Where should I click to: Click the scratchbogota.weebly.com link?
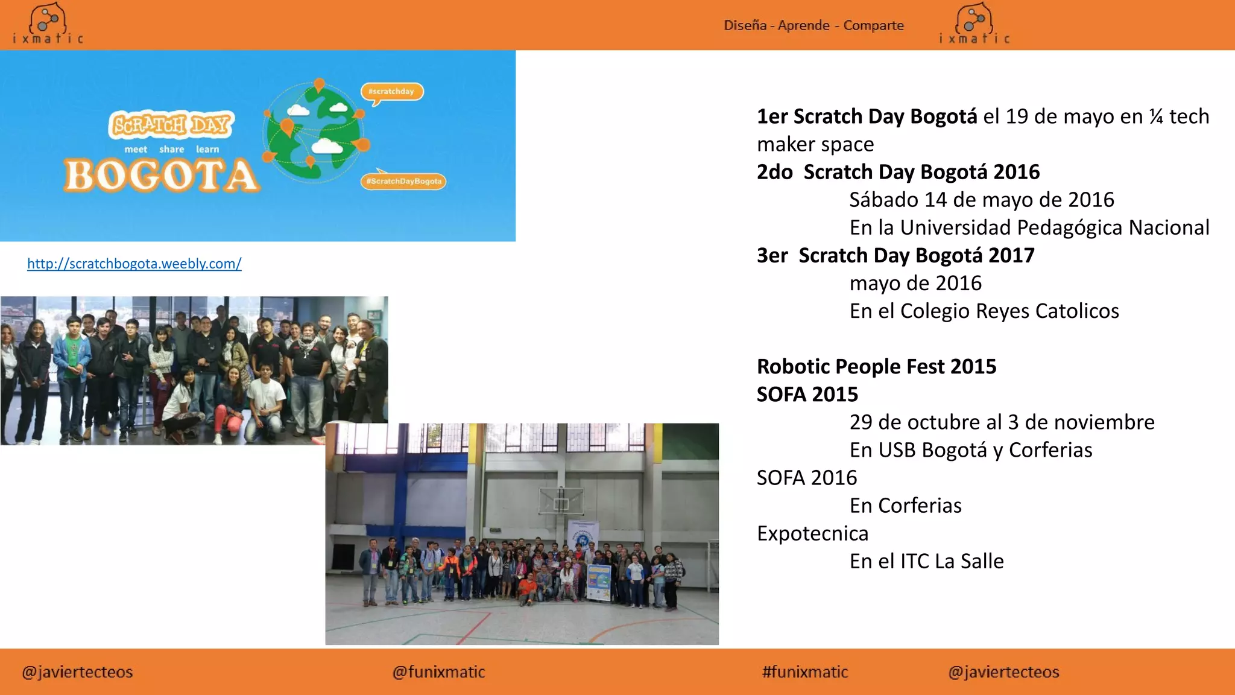click(x=134, y=264)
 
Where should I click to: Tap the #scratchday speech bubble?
click(x=392, y=92)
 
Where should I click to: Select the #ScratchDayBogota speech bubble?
click(x=403, y=181)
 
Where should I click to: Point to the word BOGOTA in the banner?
click(x=162, y=176)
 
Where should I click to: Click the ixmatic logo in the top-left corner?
click(x=48, y=24)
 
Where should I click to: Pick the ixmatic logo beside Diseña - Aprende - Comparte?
click(x=974, y=24)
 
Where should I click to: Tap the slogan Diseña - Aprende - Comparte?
click(x=813, y=25)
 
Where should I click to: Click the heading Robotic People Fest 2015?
click(x=876, y=366)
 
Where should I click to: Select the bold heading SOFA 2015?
click(x=807, y=394)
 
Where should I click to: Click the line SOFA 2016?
click(x=806, y=478)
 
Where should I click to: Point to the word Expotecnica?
click(x=812, y=533)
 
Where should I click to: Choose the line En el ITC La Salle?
click(x=926, y=561)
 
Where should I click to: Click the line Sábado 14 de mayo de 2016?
click(x=981, y=200)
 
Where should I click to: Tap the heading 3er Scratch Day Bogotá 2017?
click(x=895, y=255)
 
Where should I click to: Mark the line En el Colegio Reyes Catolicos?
click(x=984, y=311)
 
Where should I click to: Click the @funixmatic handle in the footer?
click(x=438, y=672)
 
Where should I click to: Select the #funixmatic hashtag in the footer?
click(x=805, y=672)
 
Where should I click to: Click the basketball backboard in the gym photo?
click(x=561, y=500)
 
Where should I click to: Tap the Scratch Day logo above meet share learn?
click(x=171, y=125)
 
